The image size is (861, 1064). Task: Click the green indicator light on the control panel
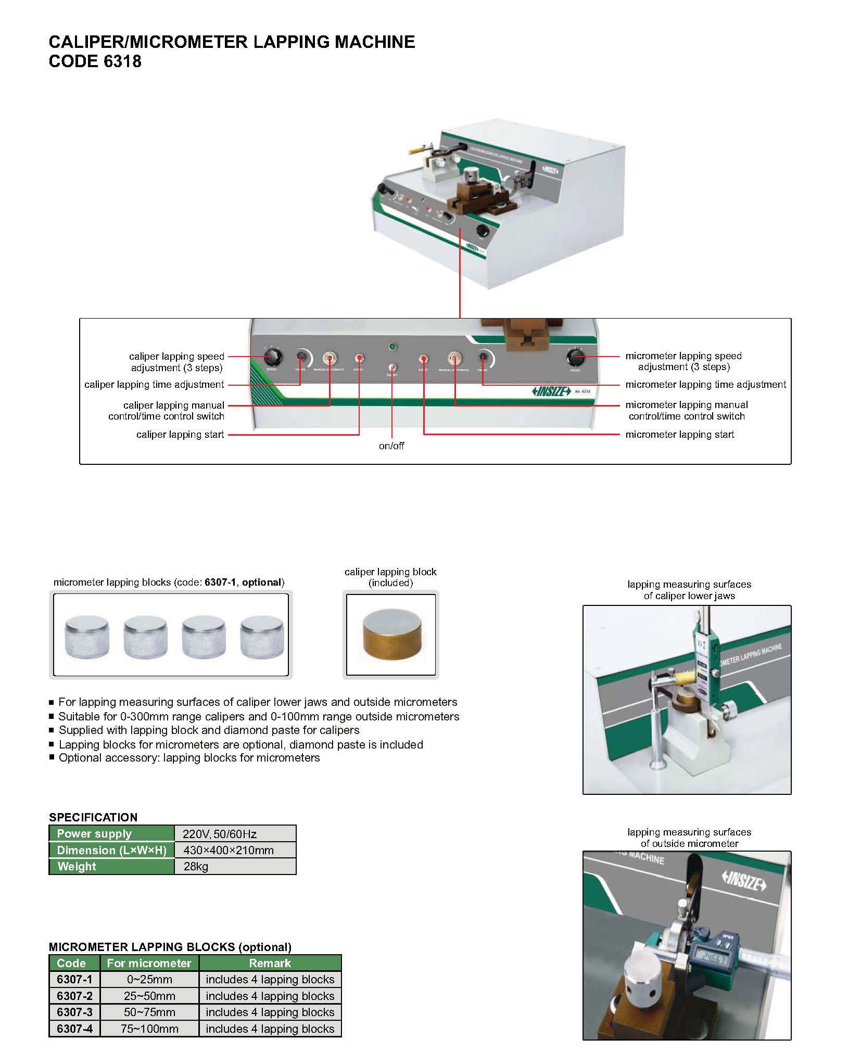(x=392, y=346)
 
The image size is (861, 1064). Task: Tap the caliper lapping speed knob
(x=272, y=357)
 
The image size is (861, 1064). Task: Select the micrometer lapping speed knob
(x=575, y=358)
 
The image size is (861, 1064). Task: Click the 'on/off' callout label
(x=391, y=446)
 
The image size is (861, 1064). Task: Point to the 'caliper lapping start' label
(x=180, y=434)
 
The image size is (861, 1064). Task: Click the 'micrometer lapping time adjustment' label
(x=705, y=385)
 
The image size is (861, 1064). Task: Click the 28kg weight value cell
(x=196, y=866)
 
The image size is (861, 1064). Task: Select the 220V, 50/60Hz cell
(x=219, y=834)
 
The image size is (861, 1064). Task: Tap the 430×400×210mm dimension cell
(x=229, y=850)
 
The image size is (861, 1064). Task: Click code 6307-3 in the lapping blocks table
(x=74, y=1012)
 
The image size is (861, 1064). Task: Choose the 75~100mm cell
(x=149, y=1029)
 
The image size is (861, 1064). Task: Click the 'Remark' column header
(x=270, y=963)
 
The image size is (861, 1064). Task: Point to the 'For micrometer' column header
(x=149, y=963)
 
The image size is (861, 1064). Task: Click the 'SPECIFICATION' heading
(x=93, y=817)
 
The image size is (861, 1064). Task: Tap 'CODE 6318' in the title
(x=95, y=61)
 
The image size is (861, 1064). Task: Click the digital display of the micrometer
(x=710, y=958)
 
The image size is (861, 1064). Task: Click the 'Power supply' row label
(x=94, y=833)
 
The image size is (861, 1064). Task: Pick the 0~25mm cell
(x=149, y=979)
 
